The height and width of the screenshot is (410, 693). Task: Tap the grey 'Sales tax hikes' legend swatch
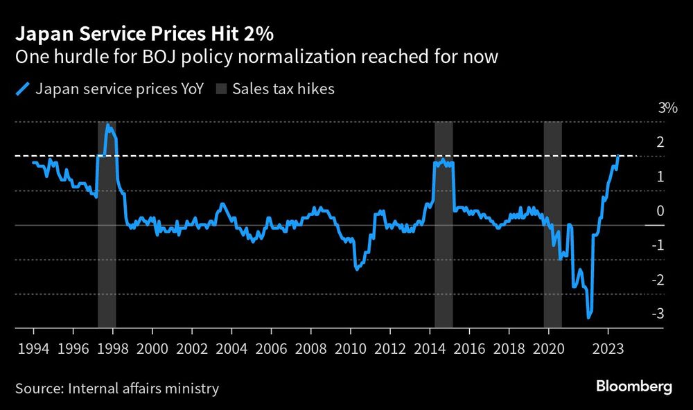221,89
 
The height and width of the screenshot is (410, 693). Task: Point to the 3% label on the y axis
668,108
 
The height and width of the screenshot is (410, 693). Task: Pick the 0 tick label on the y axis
660,211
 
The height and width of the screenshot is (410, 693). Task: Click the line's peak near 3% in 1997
107,125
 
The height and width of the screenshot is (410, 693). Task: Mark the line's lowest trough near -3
589,317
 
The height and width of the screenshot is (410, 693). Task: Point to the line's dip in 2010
356,268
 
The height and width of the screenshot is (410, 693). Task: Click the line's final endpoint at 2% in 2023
617,157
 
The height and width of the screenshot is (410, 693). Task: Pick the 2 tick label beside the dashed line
660,142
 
